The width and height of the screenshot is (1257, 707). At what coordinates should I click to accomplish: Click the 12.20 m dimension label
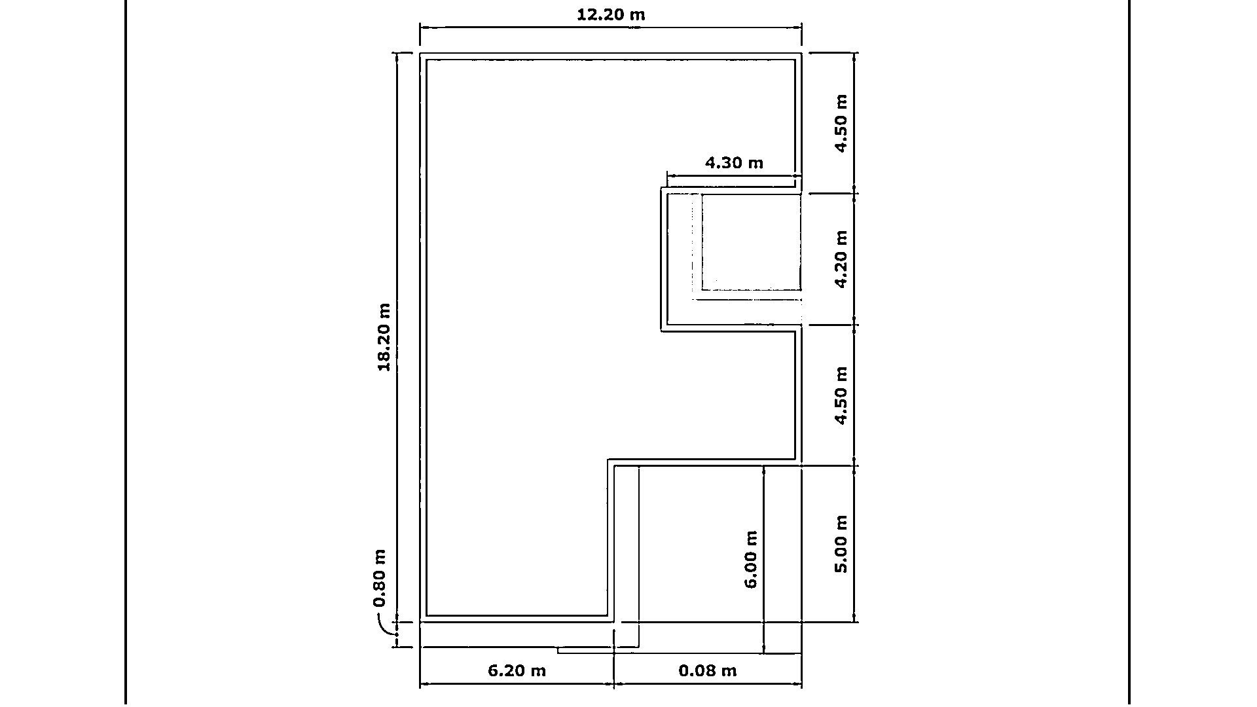pos(610,14)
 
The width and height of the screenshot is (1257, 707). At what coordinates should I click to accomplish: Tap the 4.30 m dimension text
pos(734,162)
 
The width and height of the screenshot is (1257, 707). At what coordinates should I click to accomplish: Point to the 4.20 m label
pos(841,259)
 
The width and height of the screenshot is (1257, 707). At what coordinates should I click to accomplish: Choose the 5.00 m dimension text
pos(841,544)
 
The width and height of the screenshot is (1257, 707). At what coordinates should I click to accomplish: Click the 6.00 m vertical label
pos(751,559)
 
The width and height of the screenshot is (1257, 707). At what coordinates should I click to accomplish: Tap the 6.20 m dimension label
pos(517,670)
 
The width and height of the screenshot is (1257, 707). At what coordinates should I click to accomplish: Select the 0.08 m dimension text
pos(708,670)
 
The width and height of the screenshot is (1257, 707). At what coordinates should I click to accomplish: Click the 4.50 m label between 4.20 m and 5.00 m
pos(841,395)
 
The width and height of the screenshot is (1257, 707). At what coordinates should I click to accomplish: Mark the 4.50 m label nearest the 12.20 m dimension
pos(841,124)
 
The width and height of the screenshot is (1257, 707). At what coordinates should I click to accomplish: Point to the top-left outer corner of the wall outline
pos(420,53)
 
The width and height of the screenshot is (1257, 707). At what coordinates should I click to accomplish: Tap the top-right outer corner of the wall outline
pos(801,53)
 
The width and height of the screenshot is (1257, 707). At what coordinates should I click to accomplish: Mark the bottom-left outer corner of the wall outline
pos(420,622)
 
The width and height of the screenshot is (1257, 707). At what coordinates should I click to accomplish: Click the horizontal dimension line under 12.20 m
pos(611,27)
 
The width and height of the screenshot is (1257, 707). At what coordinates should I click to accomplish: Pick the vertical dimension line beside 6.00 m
pos(763,559)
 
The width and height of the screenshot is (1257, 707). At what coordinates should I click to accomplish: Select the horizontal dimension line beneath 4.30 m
pos(734,175)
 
